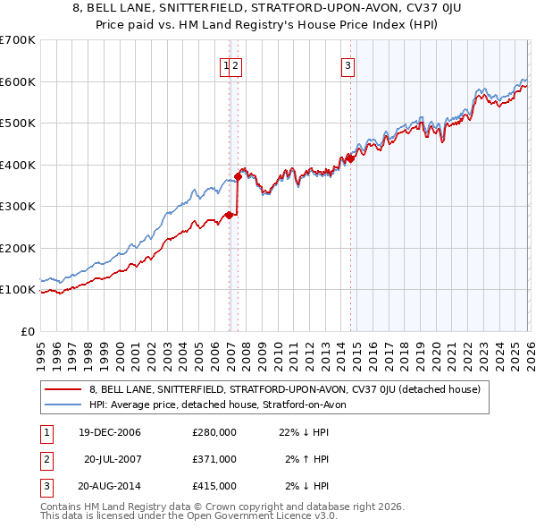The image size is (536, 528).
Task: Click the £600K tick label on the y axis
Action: [x=18, y=81]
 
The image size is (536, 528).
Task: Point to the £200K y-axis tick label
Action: [x=18, y=248]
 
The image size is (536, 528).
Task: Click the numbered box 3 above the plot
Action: [x=347, y=64]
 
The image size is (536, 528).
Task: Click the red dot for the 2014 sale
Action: [x=350, y=158]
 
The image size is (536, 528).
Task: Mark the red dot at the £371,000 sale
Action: [x=239, y=176]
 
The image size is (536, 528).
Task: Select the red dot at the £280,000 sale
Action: [x=230, y=215]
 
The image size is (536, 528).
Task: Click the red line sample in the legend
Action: [x=63, y=389]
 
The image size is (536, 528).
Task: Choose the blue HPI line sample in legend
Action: [x=63, y=405]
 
